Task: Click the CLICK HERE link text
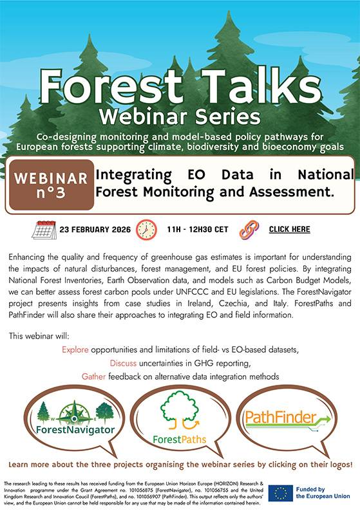pos(289,229)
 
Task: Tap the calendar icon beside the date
pos(44,229)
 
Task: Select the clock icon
pos(146,229)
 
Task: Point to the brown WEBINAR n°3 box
pos(51,184)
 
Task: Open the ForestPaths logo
pos(180,418)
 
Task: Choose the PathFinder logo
pos(287,418)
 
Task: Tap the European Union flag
pos(281,492)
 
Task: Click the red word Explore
pos(75,349)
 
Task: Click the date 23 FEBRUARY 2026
pos(95,229)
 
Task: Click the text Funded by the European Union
pos(325,492)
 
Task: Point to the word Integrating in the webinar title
pos(133,174)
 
